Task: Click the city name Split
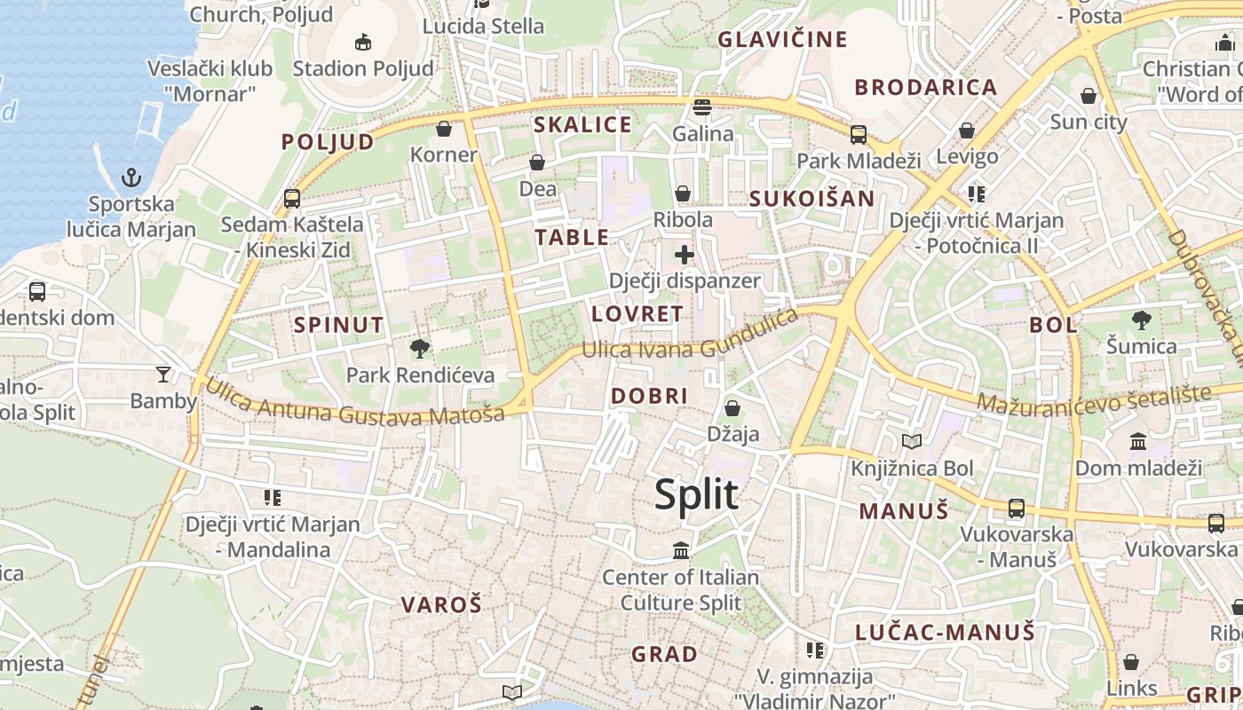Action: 696,494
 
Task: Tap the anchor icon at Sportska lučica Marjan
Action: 131,177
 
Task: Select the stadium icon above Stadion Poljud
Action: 362,42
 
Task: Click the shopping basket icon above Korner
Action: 444,130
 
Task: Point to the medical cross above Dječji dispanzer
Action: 685,256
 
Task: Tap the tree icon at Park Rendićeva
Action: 420,349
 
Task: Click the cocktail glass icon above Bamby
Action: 163,374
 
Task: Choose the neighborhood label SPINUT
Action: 339,325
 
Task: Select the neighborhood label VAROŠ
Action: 441,605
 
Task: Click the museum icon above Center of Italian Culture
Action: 681,551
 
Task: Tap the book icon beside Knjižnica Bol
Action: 912,441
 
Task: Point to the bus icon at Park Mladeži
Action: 859,135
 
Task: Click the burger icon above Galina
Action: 702,107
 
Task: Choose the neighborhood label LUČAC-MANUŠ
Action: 946,632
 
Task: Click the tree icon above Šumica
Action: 1142,319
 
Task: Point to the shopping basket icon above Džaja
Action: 732,408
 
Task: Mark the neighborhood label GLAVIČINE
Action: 782,39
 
